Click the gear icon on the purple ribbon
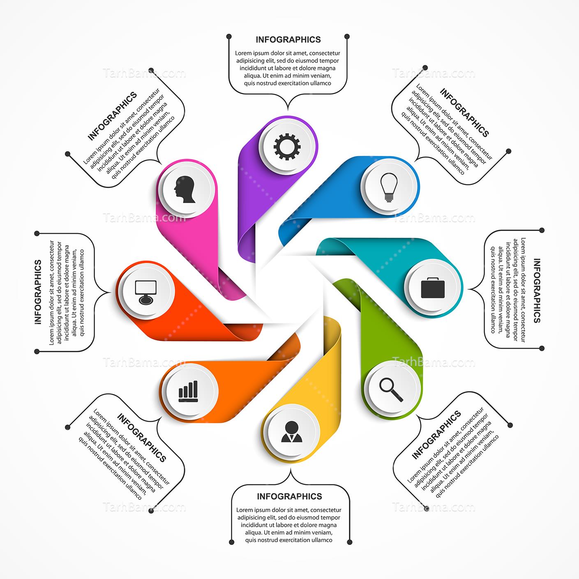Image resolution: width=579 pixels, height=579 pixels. pos(287,146)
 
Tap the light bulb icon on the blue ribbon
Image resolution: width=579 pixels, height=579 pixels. pos(389,187)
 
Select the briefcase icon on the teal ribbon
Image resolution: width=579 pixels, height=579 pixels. pos(433,288)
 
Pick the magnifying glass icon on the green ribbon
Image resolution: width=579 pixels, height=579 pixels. pos(391,390)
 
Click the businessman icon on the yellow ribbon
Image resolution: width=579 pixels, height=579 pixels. pos(291,431)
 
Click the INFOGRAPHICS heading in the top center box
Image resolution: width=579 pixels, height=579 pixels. pos(288,40)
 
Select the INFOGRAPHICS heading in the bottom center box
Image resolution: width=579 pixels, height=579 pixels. pos(289,496)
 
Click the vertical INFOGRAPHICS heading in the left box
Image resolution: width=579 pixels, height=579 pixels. pos(38,292)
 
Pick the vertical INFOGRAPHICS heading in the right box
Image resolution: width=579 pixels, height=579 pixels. pos(537,291)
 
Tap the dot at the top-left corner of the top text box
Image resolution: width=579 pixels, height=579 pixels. pos(229,36)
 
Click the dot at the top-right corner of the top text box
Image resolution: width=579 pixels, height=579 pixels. pos(347,36)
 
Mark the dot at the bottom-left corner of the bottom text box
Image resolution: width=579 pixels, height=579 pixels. pos(231,542)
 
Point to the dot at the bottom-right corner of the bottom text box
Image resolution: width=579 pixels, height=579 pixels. pos(349,542)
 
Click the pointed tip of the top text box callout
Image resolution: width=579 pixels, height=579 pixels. pos(288,110)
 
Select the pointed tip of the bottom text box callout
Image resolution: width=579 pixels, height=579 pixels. pos(291,469)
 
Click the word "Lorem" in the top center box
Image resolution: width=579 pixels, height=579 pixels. pos(243,53)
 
